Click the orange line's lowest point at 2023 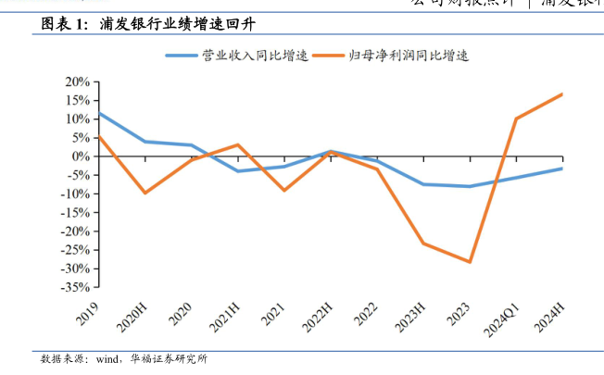[x=470, y=262]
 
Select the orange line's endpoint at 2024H [x=562, y=94]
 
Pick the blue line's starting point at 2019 [x=98, y=113]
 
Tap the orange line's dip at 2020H [x=145, y=193]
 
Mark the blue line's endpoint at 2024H [x=562, y=169]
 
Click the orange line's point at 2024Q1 [x=516, y=119]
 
